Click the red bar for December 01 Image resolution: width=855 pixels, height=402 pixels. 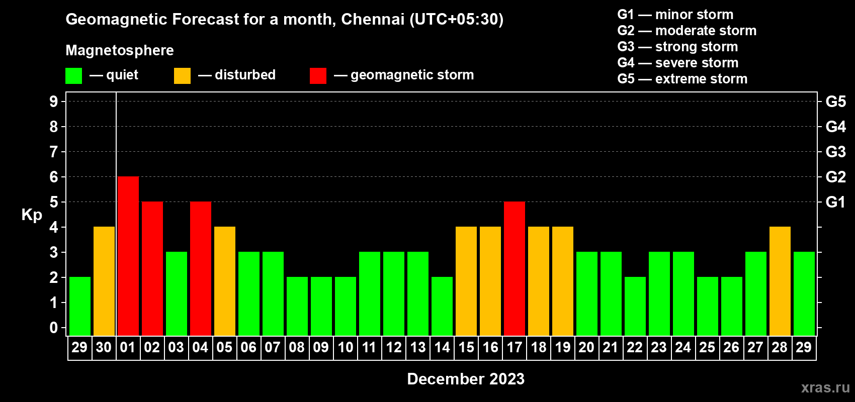(x=128, y=256)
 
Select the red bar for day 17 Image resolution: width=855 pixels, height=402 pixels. (x=514, y=268)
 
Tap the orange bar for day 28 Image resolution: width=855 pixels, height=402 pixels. (x=780, y=281)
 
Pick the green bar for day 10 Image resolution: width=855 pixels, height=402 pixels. (x=345, y=306)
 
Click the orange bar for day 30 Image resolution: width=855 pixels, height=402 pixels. (x=104, y=281)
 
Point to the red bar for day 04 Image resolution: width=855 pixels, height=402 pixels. (x=200, y=268)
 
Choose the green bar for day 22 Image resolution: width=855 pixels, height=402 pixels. (x=635, y=306)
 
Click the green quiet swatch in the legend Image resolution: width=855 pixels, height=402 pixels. (x=73, y=76)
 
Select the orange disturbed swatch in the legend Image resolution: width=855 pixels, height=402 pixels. (x=182, y=76)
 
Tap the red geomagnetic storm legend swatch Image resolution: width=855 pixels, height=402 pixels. (x=318, y=76)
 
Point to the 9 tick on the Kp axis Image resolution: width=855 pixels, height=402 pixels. (x=54, y=102)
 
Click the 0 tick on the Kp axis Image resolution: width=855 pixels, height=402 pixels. (x=54, y=328)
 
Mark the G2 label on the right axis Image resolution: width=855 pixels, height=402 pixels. (x=835, y=177)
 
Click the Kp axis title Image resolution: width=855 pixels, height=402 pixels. (x=32, y=215)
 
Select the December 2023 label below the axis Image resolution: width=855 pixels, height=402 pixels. (x=465, y=379)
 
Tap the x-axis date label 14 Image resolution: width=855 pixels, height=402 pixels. (x=442, y=347)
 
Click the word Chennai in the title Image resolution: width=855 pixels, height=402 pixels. (x=372, y=19)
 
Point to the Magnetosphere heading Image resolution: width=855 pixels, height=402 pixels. (x=120, y=50)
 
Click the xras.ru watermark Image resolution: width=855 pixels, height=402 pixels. (x=825, y=387)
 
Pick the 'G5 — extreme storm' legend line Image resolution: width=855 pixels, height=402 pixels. (x=682, y=79)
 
